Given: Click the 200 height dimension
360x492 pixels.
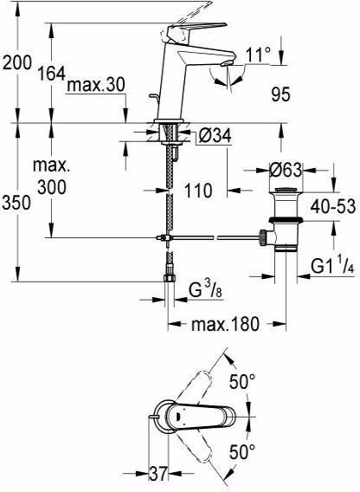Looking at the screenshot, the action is click(17, 62).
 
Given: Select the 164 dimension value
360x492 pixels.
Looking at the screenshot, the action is click(51, 74).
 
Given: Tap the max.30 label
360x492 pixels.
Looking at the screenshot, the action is click(96, 85).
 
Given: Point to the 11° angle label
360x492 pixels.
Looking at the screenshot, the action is click(258, 55).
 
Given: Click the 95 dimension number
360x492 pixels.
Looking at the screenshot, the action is click(281, 94).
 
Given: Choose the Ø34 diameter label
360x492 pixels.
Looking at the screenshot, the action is click(215, 136).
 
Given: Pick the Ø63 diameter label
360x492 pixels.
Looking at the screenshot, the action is click(286, 170).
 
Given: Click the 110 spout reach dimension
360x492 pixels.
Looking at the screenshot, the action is click(198, 191).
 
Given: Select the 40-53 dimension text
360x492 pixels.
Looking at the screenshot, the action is click(333, 206).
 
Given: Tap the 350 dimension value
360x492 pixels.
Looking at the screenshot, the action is click(16, 203).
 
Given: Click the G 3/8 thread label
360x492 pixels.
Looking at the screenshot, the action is click(206, 290).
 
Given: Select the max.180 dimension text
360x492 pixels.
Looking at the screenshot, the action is click(226, 324).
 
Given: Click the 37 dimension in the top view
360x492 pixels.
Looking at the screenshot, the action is click(158, 474).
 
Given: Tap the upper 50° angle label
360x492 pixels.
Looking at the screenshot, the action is click(242, 381).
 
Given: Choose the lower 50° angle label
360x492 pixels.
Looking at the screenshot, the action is click(242, 452).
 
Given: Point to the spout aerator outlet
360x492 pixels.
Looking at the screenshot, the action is click(227, 64).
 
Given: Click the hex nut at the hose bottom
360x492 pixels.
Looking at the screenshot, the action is click(170, 278).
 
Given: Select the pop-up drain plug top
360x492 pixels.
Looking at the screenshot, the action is click(286, 190).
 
